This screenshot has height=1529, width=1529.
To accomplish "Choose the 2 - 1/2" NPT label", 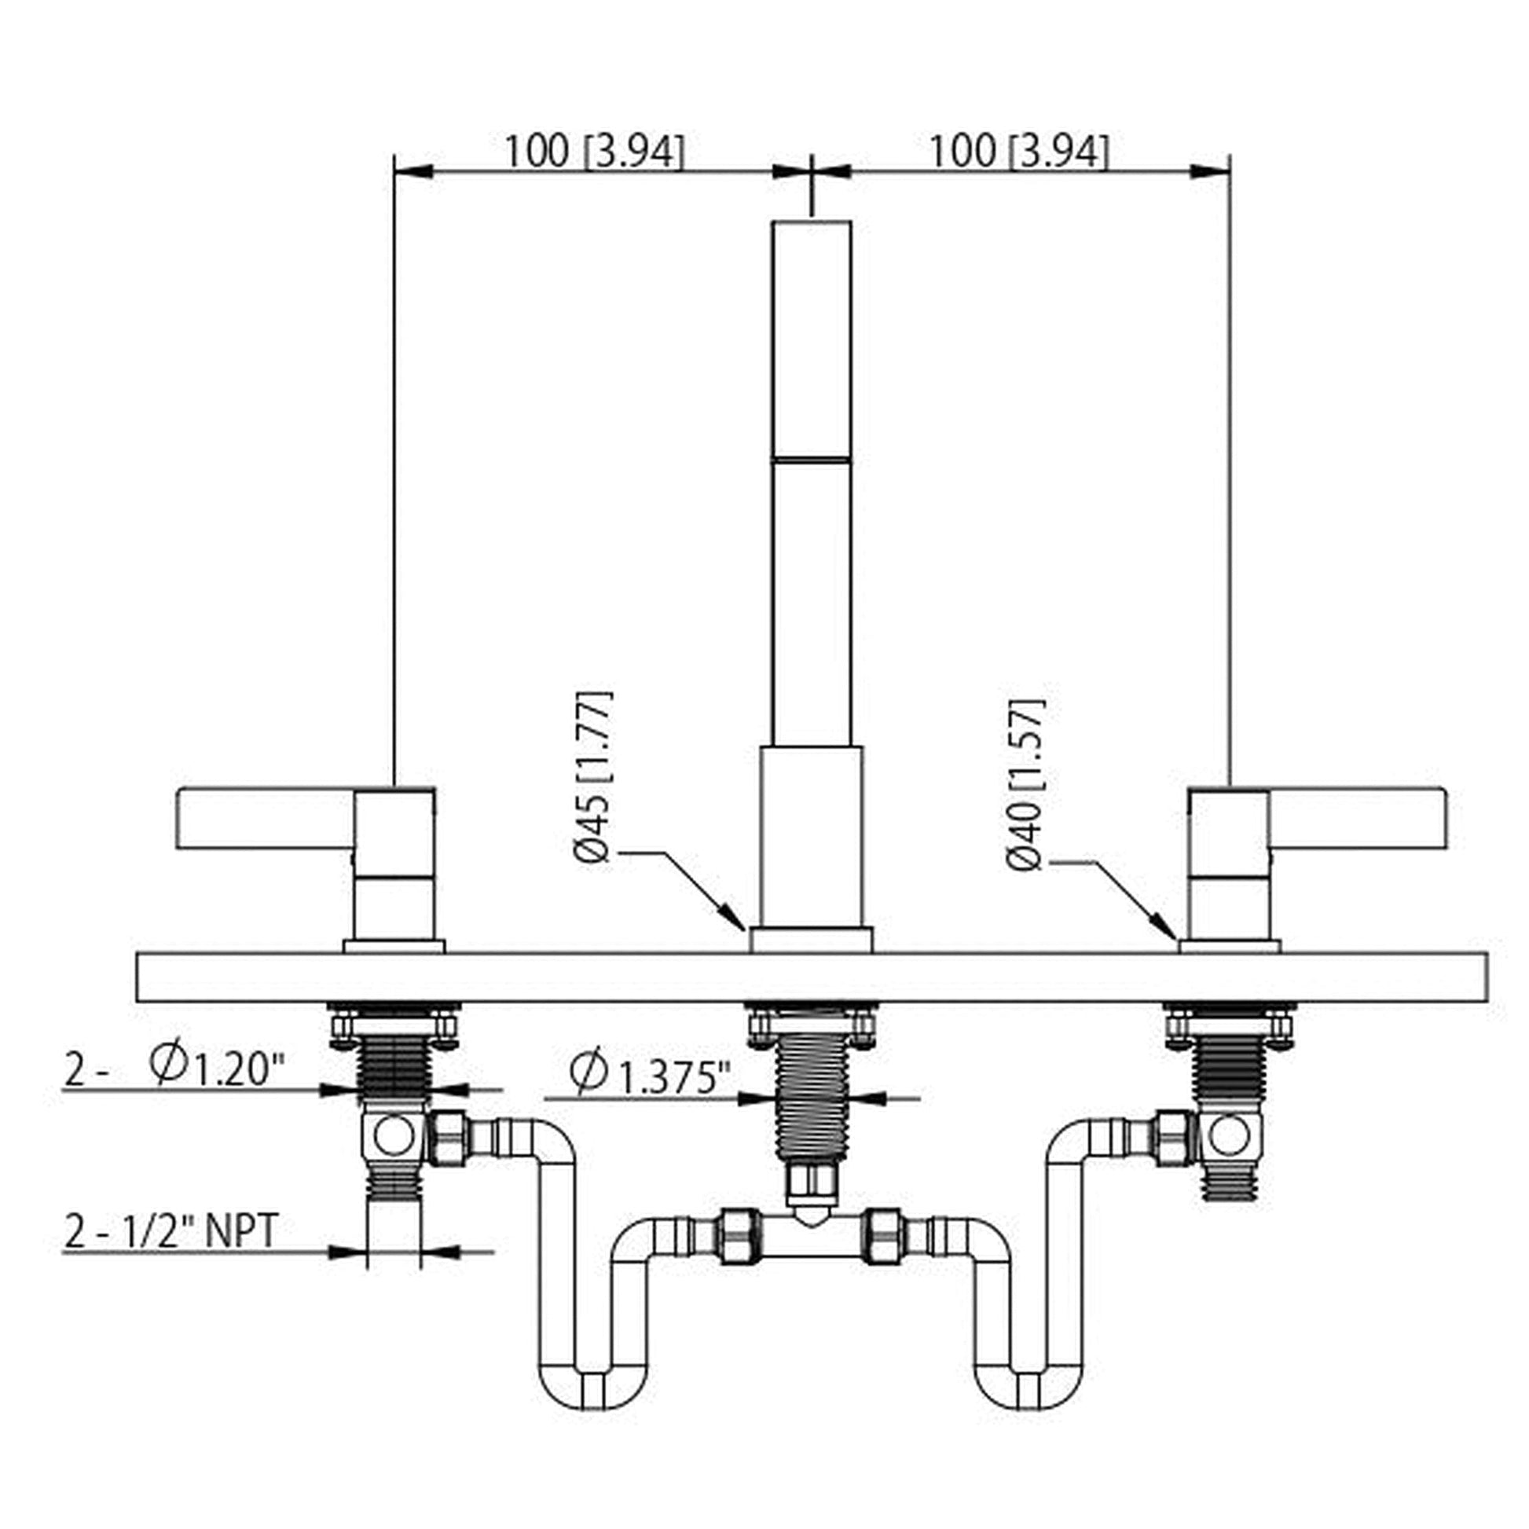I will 170,1230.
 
